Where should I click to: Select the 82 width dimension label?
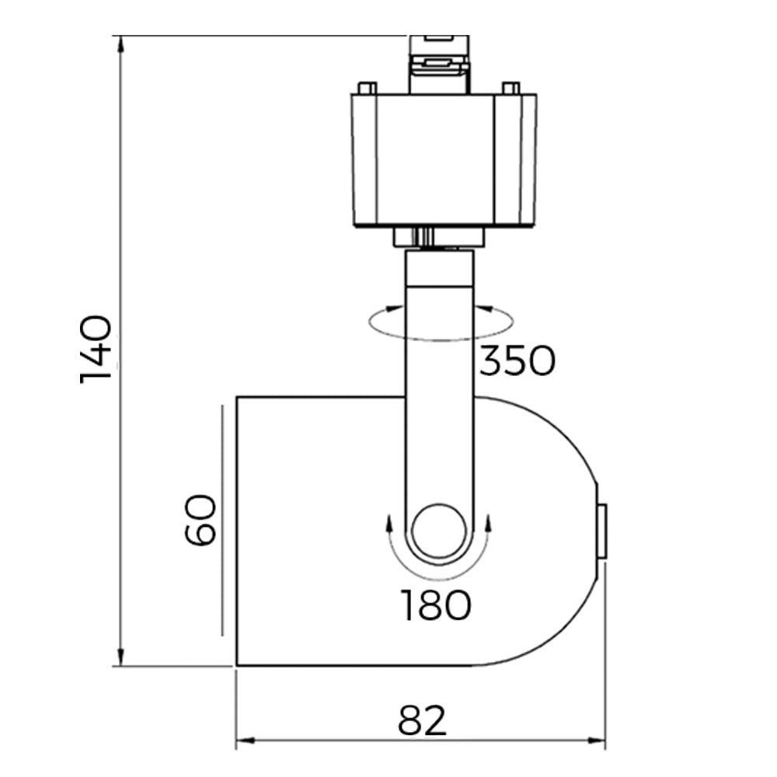[x=423, y=721]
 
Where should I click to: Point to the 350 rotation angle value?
[x=517, y=361]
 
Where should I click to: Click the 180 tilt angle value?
[x=436, y=605]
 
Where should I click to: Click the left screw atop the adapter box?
[x=367, y=88]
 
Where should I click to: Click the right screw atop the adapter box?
[x=511, y=88]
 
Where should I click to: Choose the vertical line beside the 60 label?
[x=222, y=519]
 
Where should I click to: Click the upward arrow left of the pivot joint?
[x=388, y=521]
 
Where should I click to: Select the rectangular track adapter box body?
[x=443, y=159]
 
